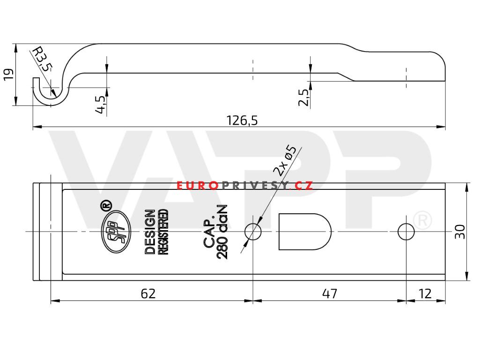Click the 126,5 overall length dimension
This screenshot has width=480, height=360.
pos(242,121)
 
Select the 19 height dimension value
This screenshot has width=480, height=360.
pos(8,75)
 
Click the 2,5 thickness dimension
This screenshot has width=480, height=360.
pos(304,97)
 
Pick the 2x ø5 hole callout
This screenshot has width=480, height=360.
pos(285,160)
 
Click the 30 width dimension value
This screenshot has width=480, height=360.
pos(460,232)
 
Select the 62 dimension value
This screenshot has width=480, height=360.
pos(148,293)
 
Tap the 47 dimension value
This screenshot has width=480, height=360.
pos(330,293)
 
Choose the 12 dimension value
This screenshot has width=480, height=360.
pos(425,293)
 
